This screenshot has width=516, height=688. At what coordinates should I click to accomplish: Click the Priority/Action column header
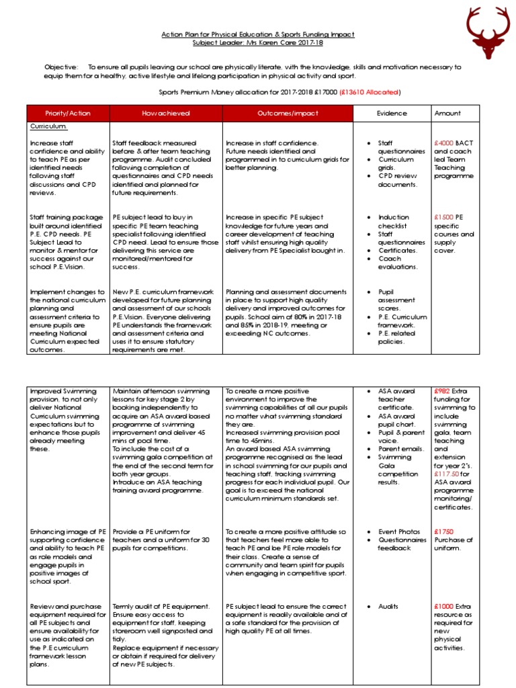pos(67,114)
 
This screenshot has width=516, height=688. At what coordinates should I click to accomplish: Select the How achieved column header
pos(166,114)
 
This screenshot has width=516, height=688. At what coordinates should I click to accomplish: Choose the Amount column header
pos(447,114)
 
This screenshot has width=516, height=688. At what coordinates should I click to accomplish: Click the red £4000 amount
pos(444,143)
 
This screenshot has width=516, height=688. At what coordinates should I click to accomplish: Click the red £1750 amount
pos(444,531)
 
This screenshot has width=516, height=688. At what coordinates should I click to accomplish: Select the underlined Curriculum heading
pos(48,126)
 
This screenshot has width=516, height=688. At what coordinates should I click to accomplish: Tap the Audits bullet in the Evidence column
pos(388,607)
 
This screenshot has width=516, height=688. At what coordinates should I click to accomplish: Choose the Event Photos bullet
pos(399,531)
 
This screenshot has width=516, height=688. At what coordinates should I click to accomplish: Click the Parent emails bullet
pos(402,448)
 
